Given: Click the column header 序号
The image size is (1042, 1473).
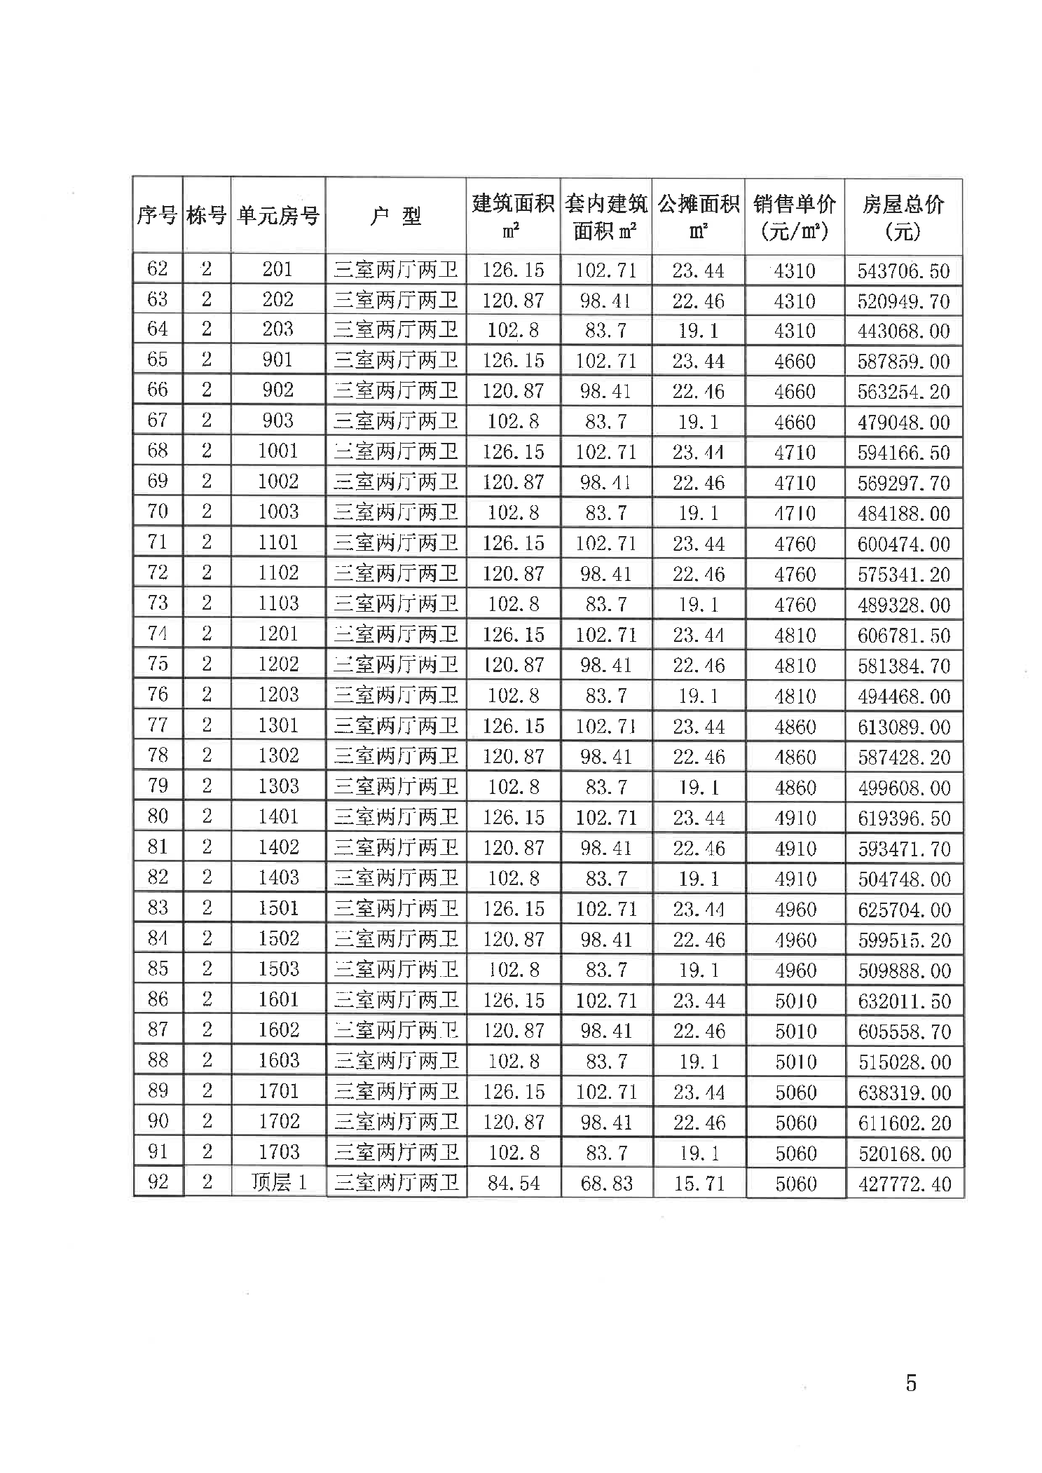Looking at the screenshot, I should coord(157,216).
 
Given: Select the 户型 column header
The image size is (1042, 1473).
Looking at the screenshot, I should coord(395,216).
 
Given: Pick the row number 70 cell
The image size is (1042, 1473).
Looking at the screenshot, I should coord(158,512).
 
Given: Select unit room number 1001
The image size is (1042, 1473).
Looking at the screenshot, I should coord(277,451).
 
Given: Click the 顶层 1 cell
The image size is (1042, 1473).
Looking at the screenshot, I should coord(278,1182).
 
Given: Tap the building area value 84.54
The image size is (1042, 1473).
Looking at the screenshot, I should coord(513,1183).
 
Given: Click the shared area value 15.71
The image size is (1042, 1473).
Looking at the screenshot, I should coord(699,1183).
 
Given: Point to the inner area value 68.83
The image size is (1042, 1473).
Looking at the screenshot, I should coord(606,1183).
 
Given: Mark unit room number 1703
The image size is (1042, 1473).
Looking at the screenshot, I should coord(278,1151).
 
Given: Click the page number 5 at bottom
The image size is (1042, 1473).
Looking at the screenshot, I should coord(910,1383).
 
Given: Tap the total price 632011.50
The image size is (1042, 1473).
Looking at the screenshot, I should coord(904,1001).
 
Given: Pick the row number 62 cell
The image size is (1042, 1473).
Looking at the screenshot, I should coord(158,269).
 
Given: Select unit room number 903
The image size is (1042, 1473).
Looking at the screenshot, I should coord(277,420).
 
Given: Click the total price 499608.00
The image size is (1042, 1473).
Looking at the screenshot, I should coord(904,788).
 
